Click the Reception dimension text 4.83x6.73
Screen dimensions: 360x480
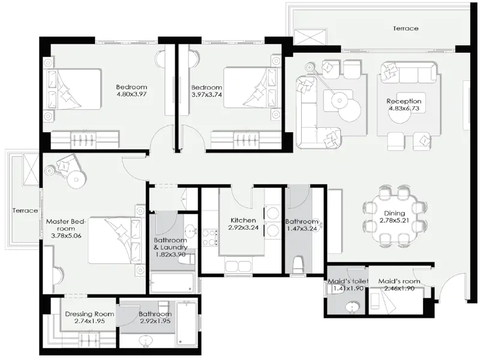coord(404,109)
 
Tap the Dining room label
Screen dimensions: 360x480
coord(393,213)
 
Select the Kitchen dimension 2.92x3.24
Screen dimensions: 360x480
coord(242,228)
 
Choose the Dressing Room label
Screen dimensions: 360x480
coord(89,314)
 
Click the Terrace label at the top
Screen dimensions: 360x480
coord(406,28)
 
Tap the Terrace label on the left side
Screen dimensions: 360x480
coord(25,211)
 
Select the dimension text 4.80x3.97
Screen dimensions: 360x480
coord(131,94)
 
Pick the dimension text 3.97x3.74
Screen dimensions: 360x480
coord(206,94)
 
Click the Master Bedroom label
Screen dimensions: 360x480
coord(67,224)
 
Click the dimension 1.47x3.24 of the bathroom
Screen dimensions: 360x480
coord(302,228)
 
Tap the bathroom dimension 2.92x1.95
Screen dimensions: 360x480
coord(155,322)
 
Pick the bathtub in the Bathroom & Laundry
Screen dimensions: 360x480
coord(172,283)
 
